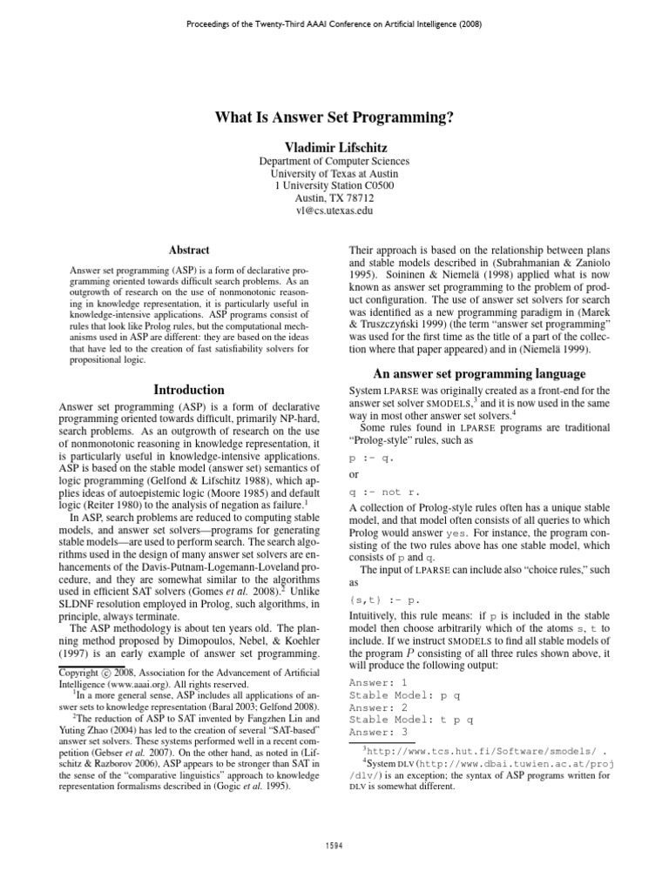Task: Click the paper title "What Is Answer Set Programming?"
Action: coord(334,119)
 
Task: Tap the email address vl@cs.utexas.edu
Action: coord(334,210)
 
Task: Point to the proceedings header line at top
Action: coord(334,23)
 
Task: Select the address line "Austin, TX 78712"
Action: coord(334,198)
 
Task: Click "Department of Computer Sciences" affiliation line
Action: coord(334,161)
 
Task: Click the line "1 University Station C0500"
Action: coord(334,185)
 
